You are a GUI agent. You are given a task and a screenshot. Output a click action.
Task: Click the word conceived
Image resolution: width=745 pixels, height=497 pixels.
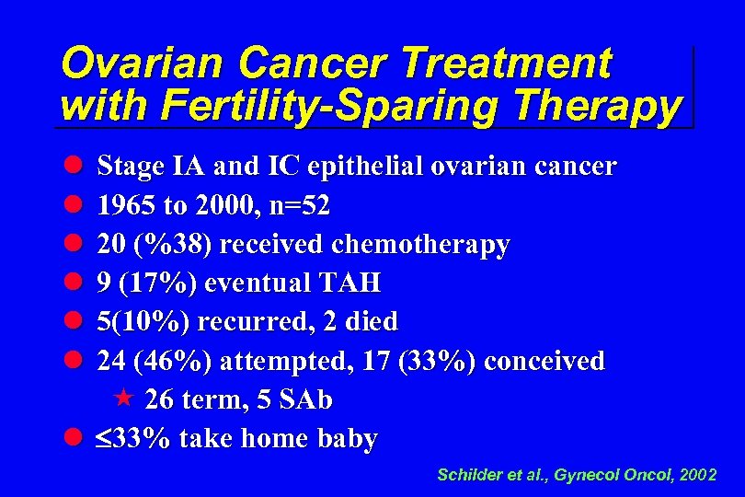coord(544,361)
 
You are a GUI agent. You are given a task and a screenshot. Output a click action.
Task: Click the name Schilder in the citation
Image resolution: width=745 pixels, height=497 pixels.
coord(469,476)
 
